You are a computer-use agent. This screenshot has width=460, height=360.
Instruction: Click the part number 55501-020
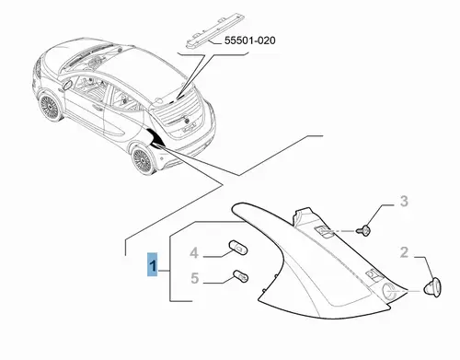coord(250,41)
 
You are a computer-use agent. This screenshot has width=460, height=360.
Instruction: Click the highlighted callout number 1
coord(153,265)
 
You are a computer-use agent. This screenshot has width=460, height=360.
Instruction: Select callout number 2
coord(404,252)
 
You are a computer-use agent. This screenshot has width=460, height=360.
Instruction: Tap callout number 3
coord(405,202)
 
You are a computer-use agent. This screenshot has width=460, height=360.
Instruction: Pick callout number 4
coord(194,253)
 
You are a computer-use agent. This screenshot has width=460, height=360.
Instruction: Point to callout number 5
coord(195,278)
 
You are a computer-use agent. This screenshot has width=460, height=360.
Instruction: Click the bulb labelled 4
coord(238,248)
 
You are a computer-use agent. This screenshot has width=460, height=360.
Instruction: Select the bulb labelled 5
coord(241,276)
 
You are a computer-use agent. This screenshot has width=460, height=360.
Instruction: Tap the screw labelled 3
coord(364,230)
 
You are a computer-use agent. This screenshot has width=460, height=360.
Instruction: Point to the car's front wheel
coord(50,106)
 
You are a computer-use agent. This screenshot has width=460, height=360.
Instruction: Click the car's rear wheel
coord(144,160)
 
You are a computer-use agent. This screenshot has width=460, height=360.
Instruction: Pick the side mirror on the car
coord(67,86)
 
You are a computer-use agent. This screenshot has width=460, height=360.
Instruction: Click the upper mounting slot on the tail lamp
coord(324,231)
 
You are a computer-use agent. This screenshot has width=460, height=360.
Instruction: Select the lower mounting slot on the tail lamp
coord(374,274)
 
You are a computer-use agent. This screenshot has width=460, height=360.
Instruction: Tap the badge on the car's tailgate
coord(185,118)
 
